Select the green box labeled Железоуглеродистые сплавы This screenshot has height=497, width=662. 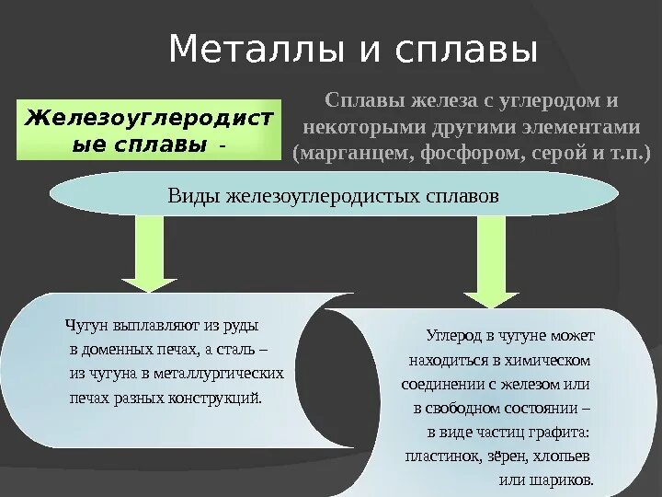[149, 130]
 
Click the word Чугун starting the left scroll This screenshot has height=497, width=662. [87, 326]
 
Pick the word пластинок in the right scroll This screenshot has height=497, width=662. [437, 456]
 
